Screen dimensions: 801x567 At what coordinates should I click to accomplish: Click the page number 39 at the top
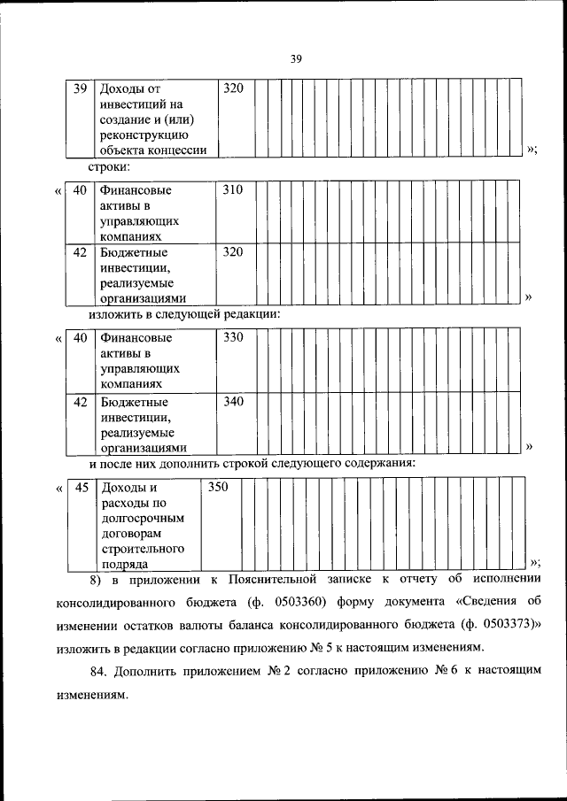click(296, 59)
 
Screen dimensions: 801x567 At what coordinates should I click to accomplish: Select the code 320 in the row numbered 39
click(232, 88)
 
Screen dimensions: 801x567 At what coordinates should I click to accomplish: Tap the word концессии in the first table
click(182, 150)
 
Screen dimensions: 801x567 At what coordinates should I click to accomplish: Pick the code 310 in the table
click(232, 189)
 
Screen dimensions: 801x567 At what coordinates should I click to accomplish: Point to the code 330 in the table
click(232, 338)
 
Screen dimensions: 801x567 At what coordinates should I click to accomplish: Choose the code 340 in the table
click(232, 402)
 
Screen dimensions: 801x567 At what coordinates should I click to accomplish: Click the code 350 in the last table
click(218, 487)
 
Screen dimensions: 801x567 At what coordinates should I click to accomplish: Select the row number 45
click(81, 487)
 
